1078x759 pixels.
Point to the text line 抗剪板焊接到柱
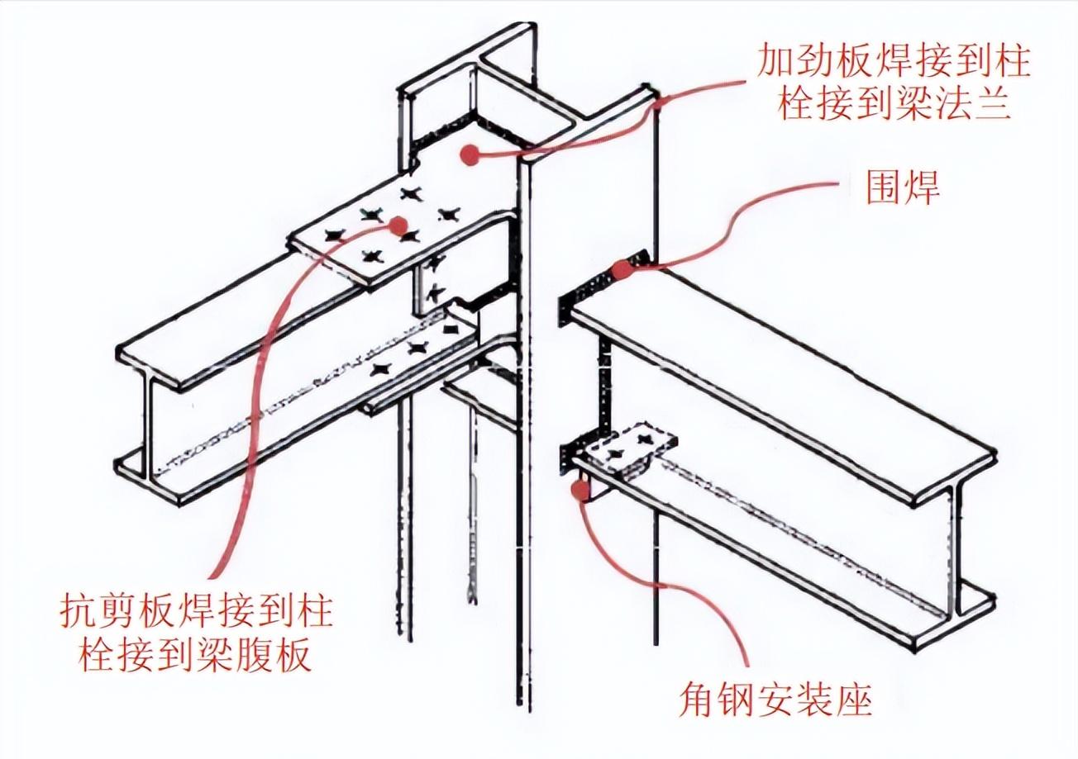point(196,613)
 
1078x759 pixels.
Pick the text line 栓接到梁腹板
point(196,656)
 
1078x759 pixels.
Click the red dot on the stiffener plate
point(470,154)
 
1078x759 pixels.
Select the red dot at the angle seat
point(580,491)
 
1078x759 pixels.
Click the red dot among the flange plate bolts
point(399,225)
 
